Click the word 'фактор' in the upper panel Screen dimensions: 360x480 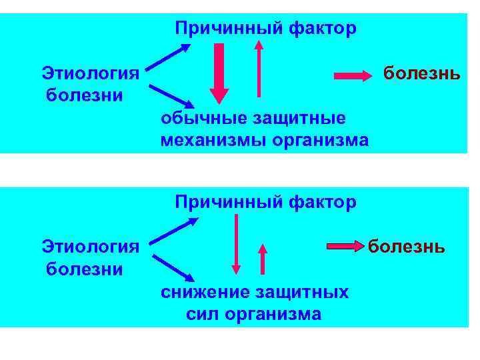[323, 29]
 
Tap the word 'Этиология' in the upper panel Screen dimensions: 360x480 [90, 73]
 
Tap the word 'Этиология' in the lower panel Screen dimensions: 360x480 [90, 247]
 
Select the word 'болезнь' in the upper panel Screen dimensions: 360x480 [421, 72]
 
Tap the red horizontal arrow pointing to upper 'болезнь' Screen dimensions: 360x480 [353, 75]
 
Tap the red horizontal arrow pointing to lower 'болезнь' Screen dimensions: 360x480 [346, 247]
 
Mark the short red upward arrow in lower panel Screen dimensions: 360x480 [263, 259]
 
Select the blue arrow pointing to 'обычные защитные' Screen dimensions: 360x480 [171, 97]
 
